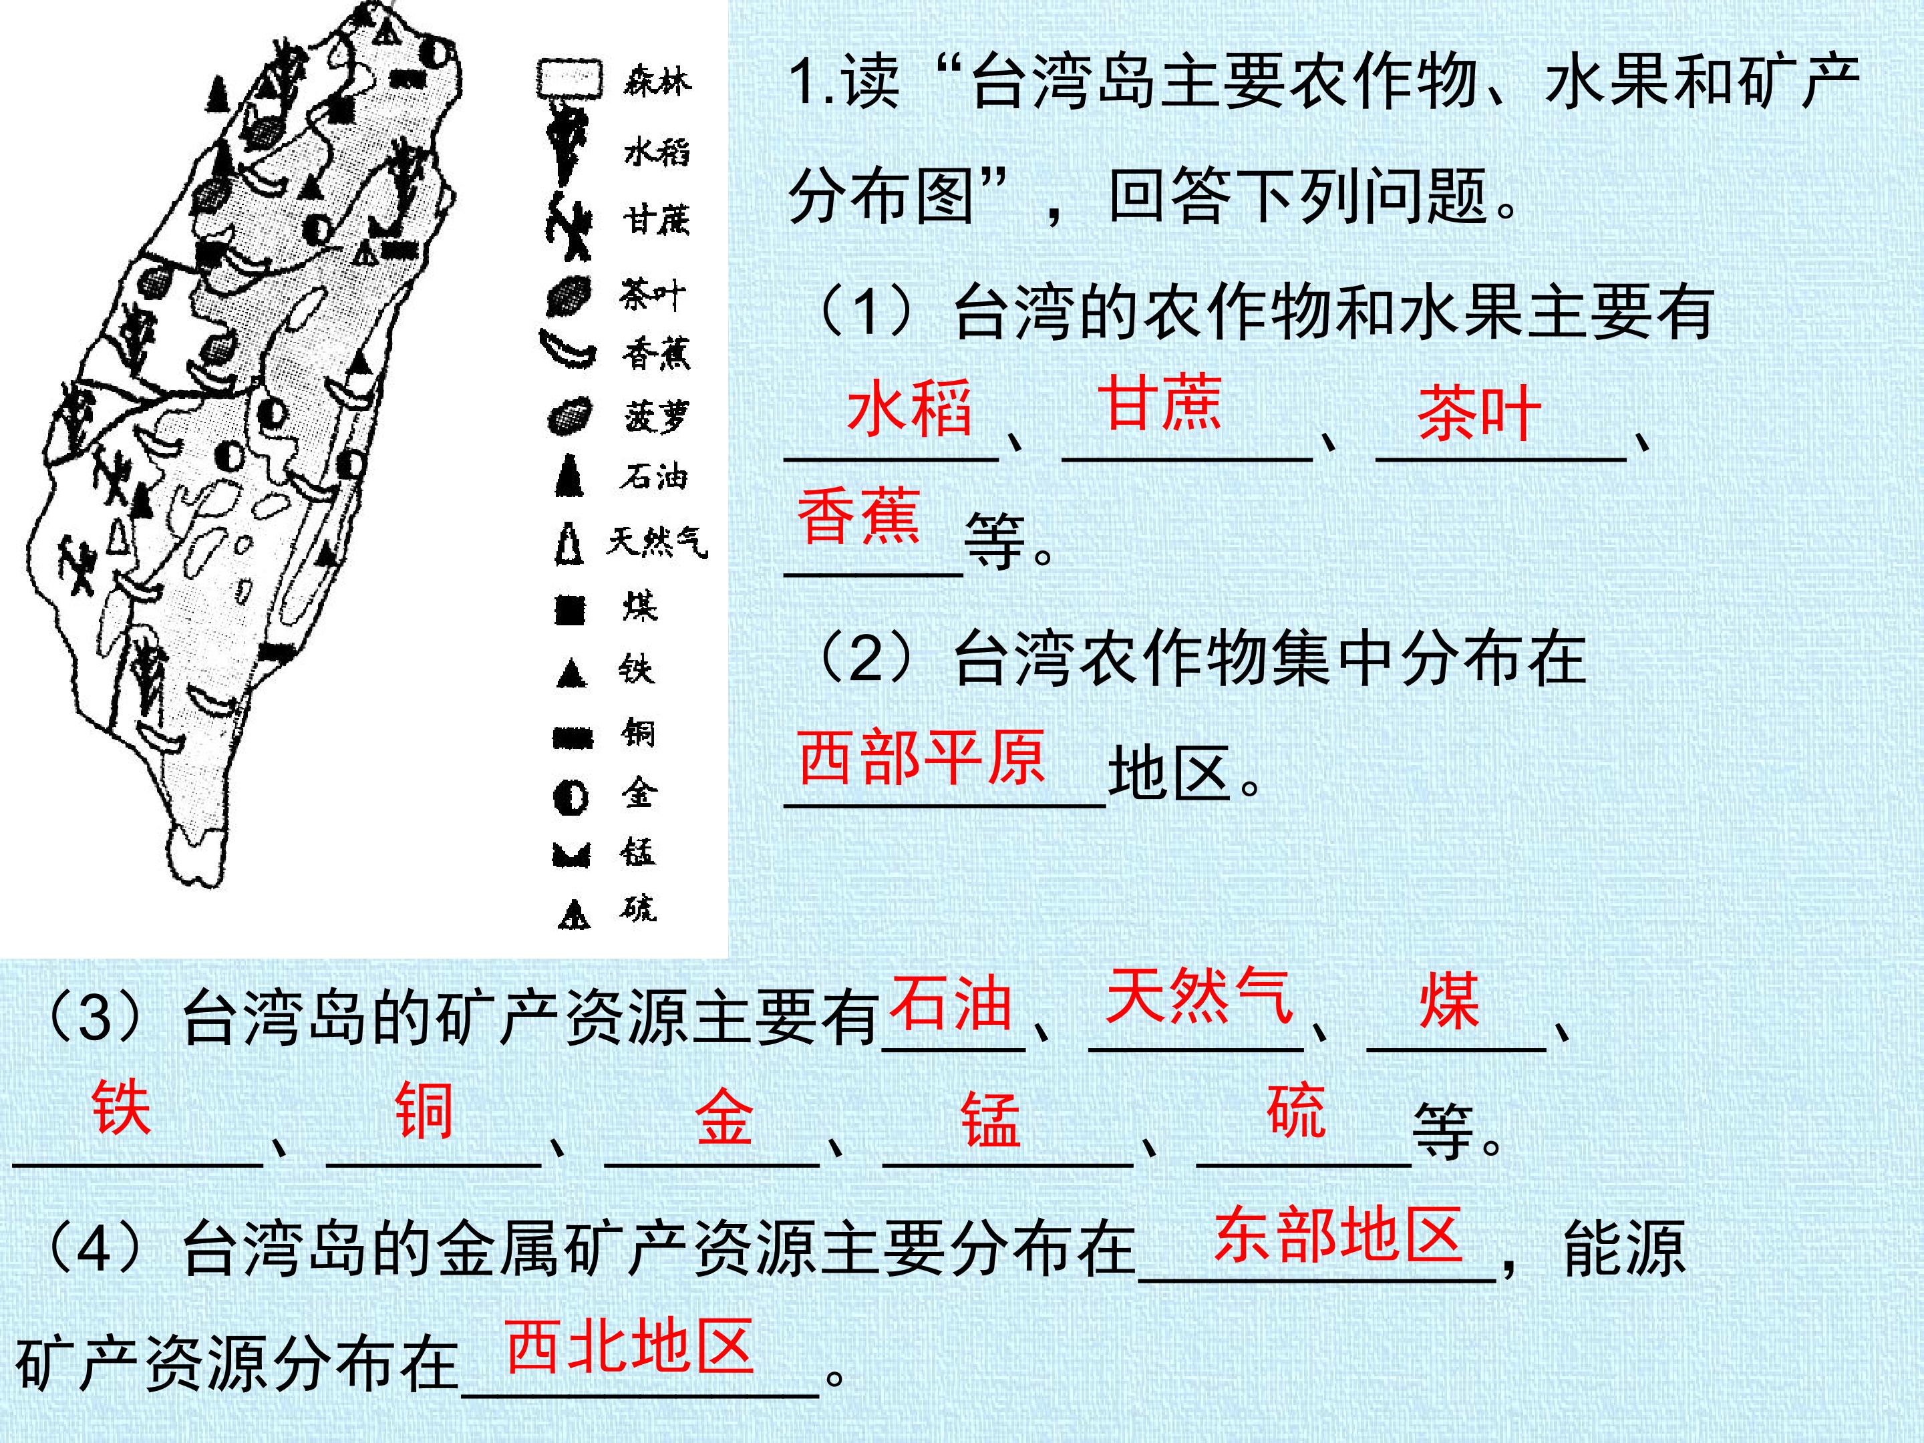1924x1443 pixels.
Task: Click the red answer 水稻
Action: pos(909,407)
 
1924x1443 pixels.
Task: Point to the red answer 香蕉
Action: pos(858,516)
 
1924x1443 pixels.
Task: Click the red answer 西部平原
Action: pos(921,757)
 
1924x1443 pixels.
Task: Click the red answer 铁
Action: pos(121,1108)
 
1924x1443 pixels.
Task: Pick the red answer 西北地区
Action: pos(630,1345)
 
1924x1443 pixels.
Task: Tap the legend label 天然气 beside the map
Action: pos(657,541)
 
